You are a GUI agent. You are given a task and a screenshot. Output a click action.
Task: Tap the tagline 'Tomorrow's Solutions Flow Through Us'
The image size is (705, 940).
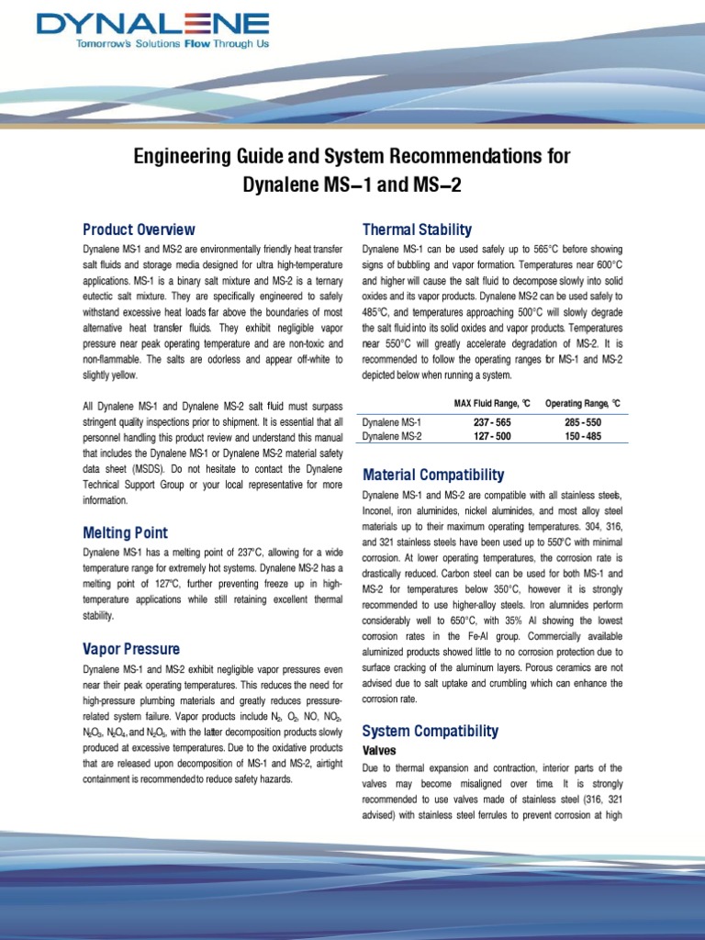(153, 43)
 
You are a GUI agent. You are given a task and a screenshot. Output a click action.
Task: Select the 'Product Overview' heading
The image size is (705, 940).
(139, 229)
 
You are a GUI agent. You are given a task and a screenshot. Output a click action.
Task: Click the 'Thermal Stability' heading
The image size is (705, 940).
(417, 229)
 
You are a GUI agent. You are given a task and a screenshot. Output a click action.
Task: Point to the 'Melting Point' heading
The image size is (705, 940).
(126, 532)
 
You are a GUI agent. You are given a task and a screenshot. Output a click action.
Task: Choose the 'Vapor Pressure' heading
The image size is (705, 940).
(131, 649)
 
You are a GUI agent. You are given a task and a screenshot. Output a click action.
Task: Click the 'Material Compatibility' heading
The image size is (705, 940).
(433, 475)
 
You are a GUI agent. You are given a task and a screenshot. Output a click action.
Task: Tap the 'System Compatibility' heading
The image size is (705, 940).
(431, 731)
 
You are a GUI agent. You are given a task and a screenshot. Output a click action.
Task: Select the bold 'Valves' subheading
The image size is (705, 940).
(380, 750)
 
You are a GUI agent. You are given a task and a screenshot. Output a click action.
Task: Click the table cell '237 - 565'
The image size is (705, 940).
(491, 421)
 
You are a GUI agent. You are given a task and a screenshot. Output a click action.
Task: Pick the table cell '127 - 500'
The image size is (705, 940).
(491, 435)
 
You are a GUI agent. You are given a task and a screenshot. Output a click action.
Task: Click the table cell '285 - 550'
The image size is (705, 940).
(582, 421)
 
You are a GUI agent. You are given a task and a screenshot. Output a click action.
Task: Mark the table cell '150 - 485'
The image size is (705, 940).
(582, 435)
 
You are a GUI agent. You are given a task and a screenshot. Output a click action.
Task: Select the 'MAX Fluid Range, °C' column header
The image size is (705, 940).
(492, 403)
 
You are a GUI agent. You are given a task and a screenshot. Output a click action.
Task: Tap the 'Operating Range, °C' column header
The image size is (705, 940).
(583, 403)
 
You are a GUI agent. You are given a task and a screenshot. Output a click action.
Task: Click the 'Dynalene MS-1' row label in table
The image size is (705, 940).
(392, 421)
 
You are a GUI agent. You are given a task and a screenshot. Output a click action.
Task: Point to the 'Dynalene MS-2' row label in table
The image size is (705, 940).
(392, 435)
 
